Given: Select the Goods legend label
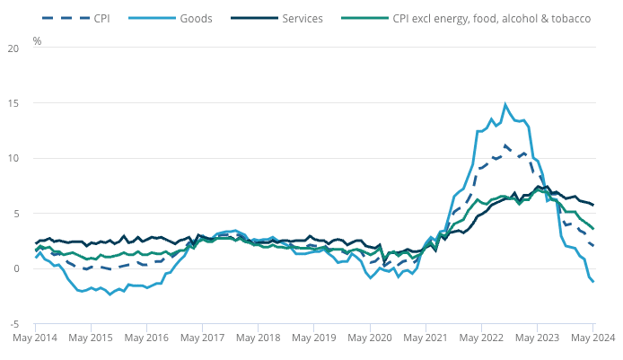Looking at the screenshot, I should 197,18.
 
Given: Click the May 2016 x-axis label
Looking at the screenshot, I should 148,339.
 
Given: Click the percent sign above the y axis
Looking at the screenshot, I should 38,41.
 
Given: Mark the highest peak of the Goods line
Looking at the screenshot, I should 506,104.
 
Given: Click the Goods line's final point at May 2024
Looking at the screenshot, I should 593,282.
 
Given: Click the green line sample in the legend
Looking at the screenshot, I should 371,18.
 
